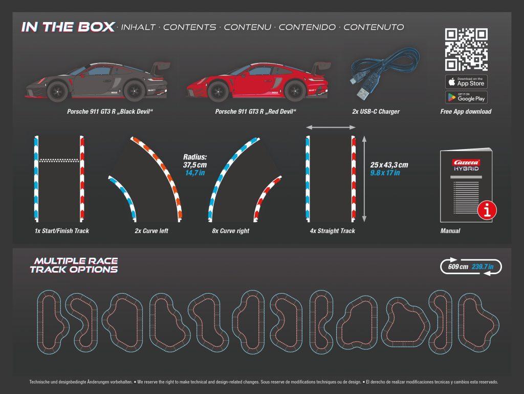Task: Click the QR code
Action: point(466,50)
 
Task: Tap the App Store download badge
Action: point(466,81)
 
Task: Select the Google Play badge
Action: point(466,97)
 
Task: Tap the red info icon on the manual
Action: point(487,210)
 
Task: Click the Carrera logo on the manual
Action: point(465,162)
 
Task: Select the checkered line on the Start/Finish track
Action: point(59,159)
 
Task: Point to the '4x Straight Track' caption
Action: point(332,231)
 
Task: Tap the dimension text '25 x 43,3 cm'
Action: point(389,164)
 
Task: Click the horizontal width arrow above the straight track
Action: point(330,127)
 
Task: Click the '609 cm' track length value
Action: point(457,267)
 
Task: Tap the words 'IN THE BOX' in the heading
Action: point(68,27)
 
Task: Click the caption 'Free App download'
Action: point(466,112)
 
